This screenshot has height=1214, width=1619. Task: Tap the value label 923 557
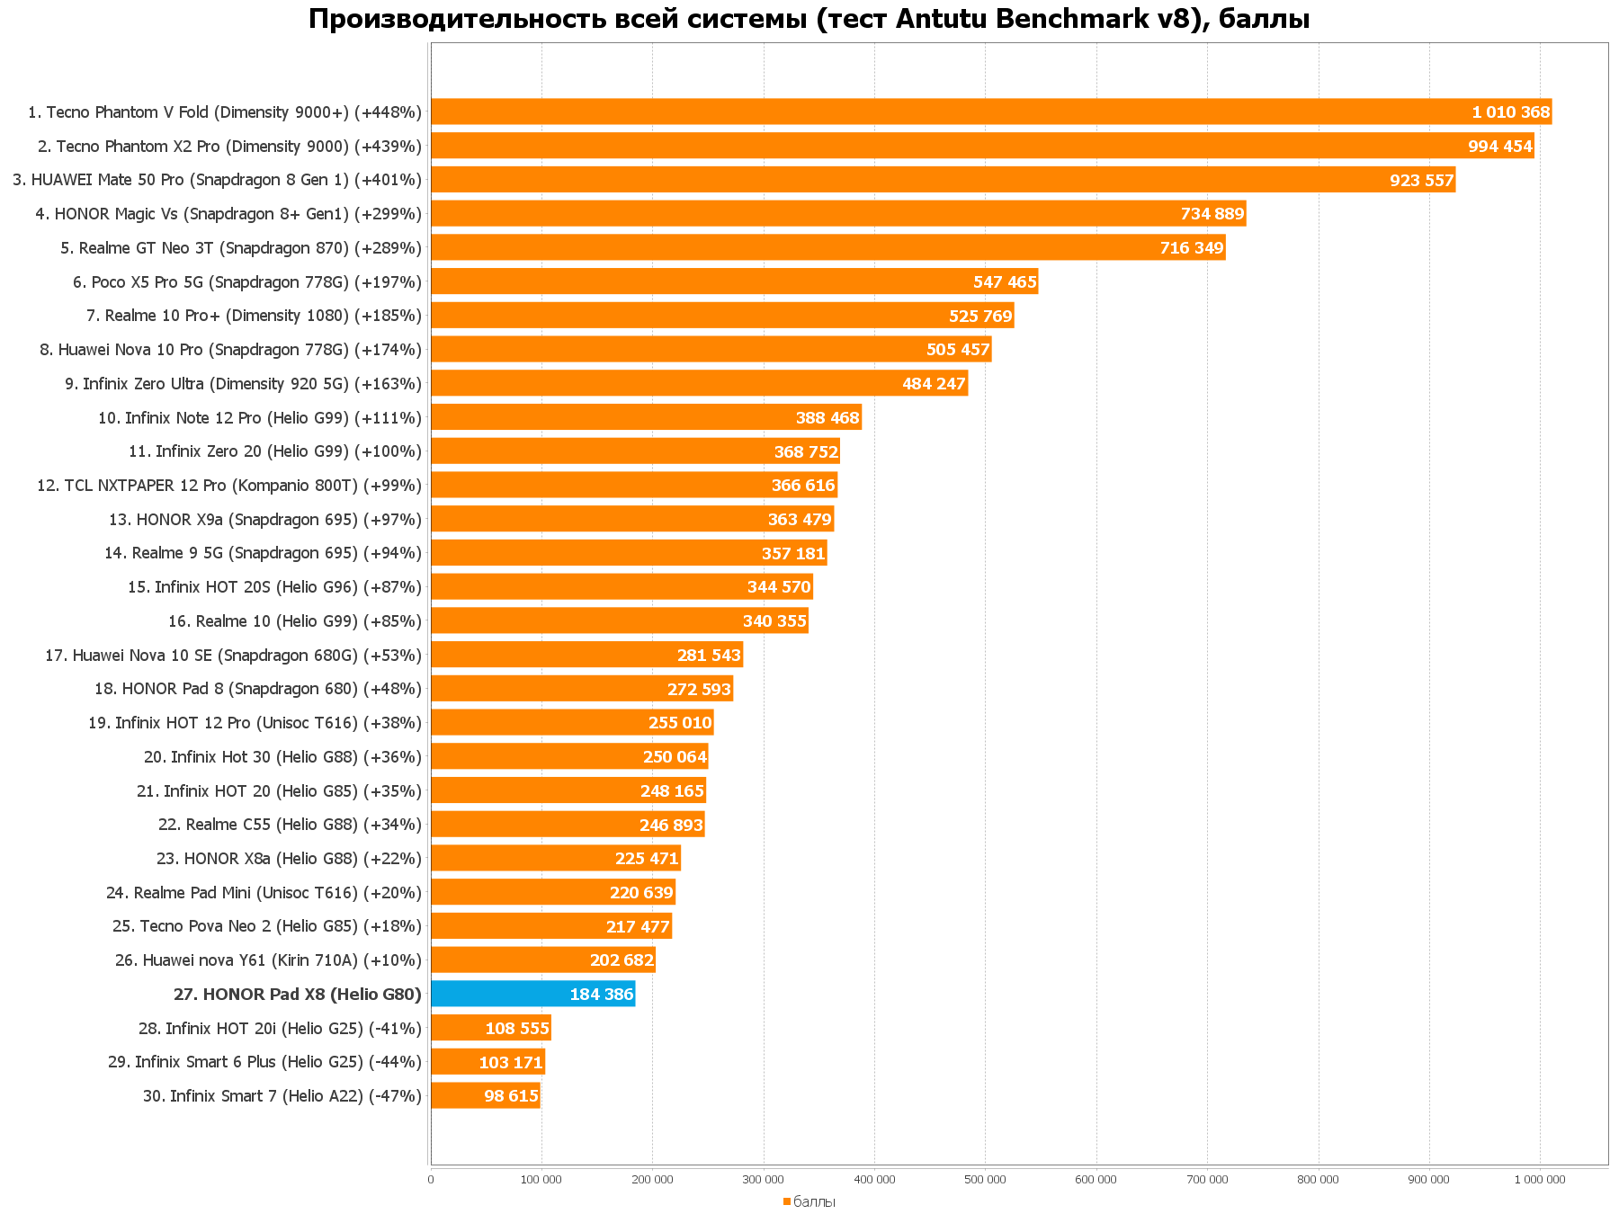1421,180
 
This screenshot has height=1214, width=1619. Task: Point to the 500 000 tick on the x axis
985,1179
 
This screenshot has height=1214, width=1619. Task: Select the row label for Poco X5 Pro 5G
247,282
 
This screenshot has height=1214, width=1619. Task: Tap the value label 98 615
511,1095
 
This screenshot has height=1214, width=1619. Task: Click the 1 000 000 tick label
1539,1179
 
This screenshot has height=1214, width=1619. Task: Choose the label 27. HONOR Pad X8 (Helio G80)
298,994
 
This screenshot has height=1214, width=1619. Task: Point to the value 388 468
827,417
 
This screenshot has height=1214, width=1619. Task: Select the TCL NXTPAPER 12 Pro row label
229,486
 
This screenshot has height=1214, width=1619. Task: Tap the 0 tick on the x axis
431,1179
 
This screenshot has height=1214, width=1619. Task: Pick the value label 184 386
602,994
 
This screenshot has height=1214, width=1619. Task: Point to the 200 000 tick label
652,1179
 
